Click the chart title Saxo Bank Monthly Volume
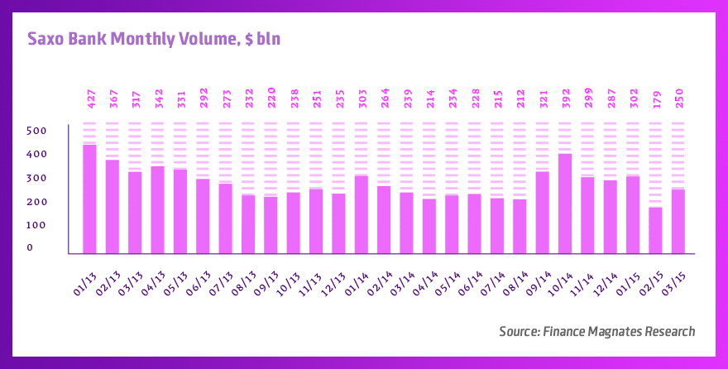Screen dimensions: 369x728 156,39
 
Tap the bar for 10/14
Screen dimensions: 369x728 565,204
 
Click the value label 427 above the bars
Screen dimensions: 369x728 91,98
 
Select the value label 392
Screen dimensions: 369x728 566,98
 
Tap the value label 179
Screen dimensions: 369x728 656,98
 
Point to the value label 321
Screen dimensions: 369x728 543,98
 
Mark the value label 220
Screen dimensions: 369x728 271,98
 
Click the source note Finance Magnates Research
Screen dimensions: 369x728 596,331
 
